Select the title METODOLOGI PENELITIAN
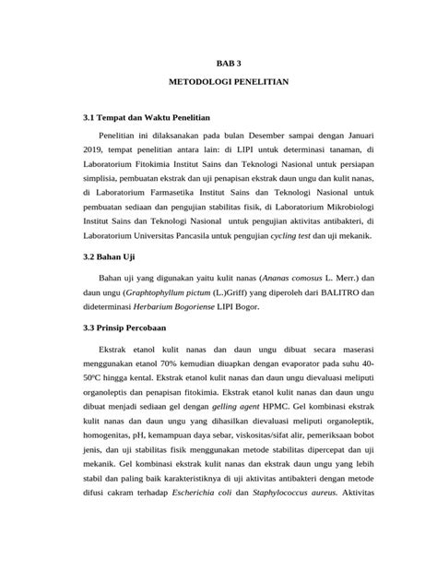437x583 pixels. point(230,82)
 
